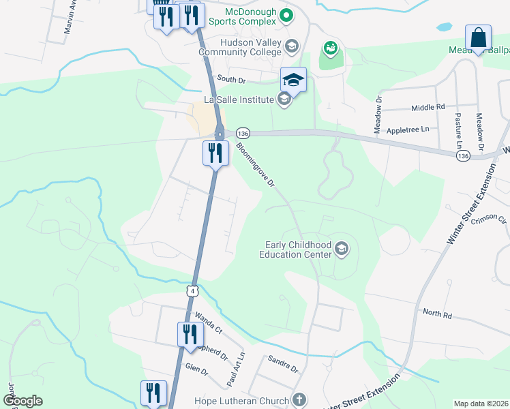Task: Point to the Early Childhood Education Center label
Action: click(x=295, y=249)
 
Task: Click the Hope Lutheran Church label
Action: click(x=242, y=400)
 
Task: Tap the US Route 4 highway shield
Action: click(x=194, y=291)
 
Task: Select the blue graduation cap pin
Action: click(x=293, y=80)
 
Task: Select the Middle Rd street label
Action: click(x=428, y=108)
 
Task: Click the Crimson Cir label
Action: click(x=493, y=218)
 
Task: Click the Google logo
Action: click(x=22, y=401)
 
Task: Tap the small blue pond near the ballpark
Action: click(x=444, y=28)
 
